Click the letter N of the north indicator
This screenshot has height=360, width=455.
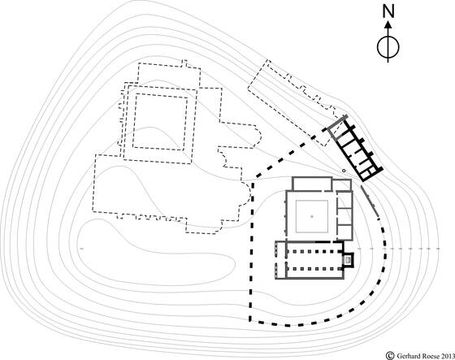click(388, 11)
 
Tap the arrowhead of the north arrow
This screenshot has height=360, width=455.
click(388, 24)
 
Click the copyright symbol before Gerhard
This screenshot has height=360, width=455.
click(390, 355)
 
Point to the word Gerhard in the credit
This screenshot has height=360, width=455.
click(408, 356)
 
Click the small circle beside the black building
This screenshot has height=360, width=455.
click(344, 171)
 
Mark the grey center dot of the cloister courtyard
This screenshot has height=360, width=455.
click(312, 216)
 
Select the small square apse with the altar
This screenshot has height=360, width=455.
click(349, 259)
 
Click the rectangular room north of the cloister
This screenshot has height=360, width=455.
click(312, 184)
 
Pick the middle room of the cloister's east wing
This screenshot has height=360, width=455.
click(344, 216)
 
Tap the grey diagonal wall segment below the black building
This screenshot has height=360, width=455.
click(370, 201)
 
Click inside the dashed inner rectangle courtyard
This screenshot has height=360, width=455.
click(159, 121)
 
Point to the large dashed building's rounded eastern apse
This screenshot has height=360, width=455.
click(246, 193)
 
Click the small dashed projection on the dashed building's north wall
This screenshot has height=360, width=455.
click(184, 63)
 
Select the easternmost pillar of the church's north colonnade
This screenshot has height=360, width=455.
click(337, 251)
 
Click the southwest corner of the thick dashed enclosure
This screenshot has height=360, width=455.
click(250, 320)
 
